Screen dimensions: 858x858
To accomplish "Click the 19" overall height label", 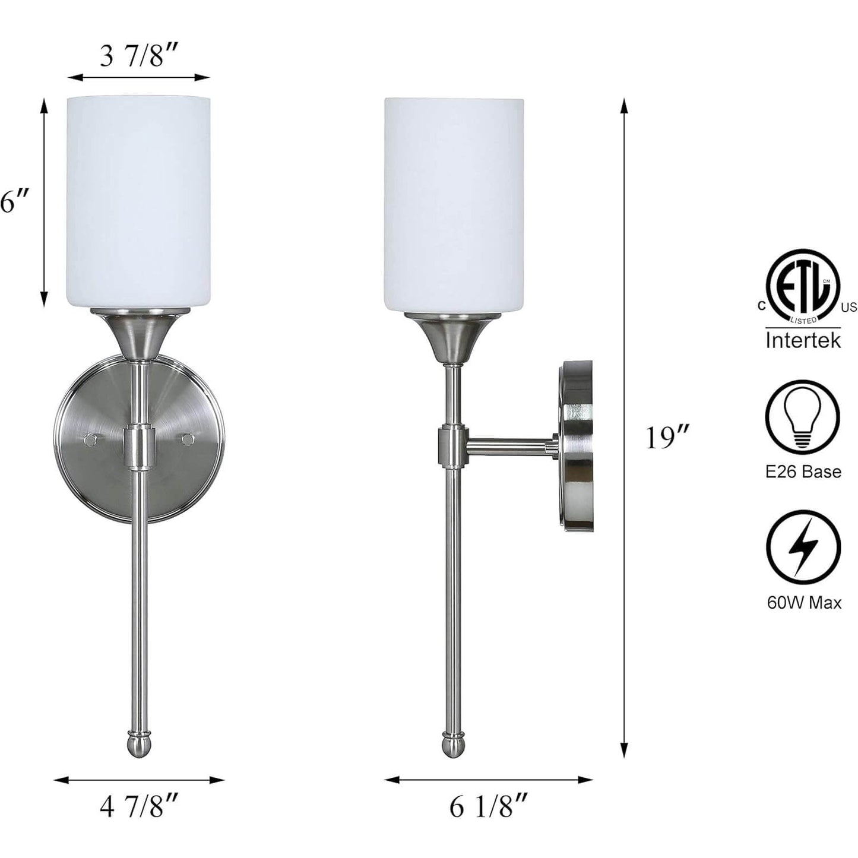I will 667,438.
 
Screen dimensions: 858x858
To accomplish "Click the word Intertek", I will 803,340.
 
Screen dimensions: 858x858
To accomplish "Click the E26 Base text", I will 803,471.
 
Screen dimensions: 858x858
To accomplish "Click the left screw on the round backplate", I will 91,439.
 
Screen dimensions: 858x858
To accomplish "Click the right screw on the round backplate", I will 188,439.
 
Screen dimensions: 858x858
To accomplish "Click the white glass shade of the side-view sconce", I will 454,202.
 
